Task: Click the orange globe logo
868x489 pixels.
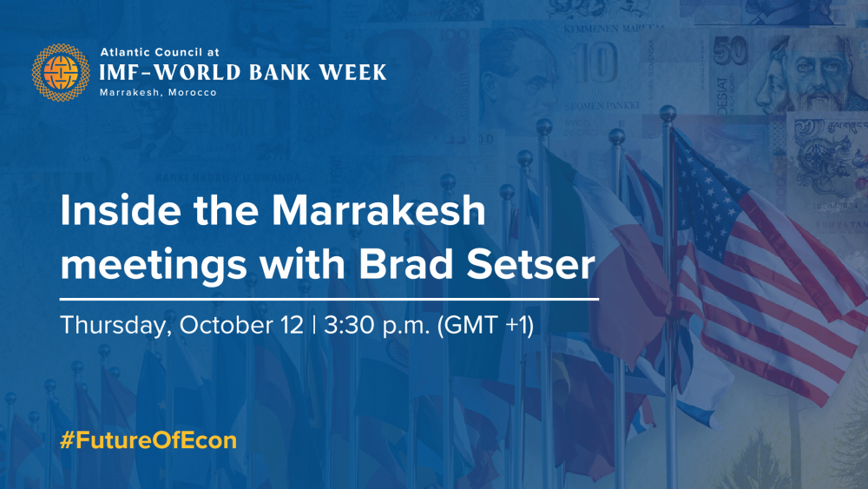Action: pyautogui.click(x=61, y=73)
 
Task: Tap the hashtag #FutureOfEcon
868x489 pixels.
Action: pyautogui.click(x=148, y=441)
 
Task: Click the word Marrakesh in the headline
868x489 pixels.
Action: pyautogui.click(x=378, y=210)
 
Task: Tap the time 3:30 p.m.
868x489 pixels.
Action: pyautogui.click(x=377, y=326)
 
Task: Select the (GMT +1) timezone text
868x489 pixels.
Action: pyautogui.click(x=485, y=326)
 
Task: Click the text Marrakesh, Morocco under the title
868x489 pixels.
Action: pyautogui.click(x=158, y=92)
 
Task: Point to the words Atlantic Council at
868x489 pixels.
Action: pyautogui.click(x=160, y=53)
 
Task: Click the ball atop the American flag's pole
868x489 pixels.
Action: pyautogui.click(x=668, y=113)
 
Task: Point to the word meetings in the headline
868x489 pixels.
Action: pyautogui.click(x=153, y=266)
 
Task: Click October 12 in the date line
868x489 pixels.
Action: pyautogui.click(x=241, y=326)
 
